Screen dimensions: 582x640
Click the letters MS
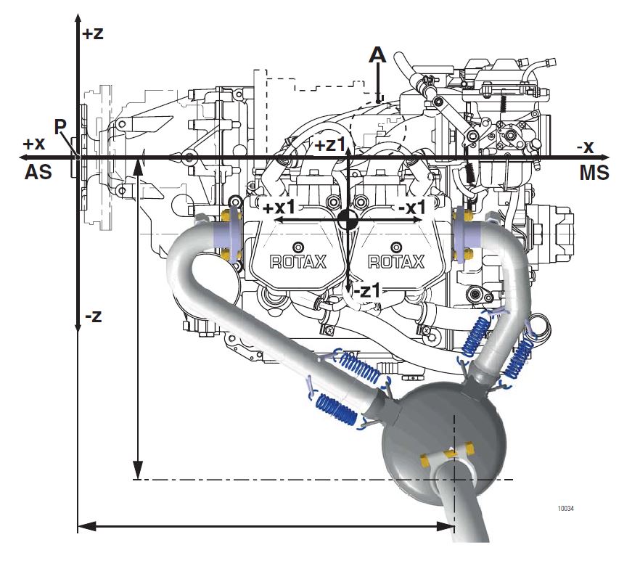pos(593,173)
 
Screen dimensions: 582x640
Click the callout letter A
pos(377,54)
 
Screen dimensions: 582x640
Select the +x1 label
pos(279,208)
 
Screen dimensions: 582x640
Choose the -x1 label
pos(412,208)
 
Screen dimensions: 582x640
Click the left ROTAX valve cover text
pos(298,262)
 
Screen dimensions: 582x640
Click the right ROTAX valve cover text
pos(397,262)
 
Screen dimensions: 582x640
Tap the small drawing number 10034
pos(565,508)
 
